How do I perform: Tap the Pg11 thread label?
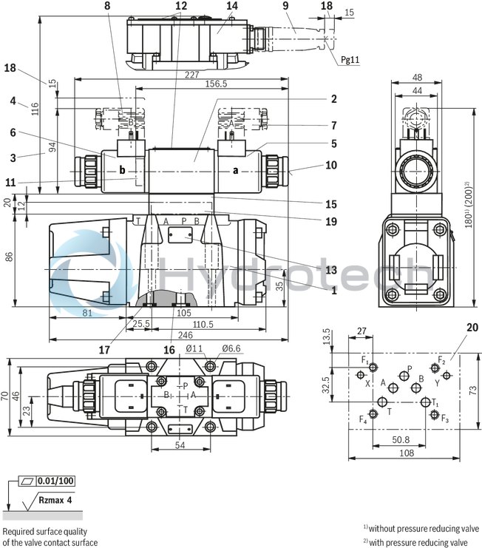pos(350,61)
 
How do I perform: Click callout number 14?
pos(232,6)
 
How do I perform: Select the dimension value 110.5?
pos(203,324)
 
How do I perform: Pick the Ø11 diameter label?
pos(194,348)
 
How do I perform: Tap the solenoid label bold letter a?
pos(235,169)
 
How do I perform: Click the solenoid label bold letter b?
pos(123,169)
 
